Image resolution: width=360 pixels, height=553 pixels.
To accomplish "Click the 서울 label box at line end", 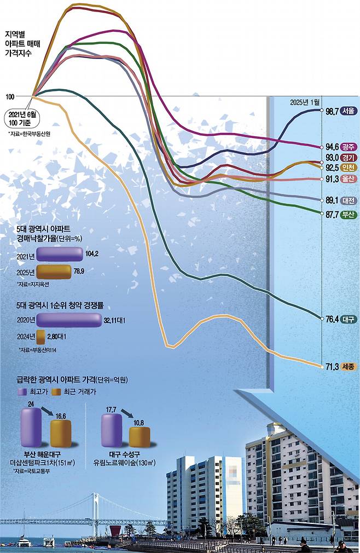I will [348, 111].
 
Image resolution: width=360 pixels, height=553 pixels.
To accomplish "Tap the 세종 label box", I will [348, 367].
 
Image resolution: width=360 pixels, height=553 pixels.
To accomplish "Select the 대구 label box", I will [348, 319].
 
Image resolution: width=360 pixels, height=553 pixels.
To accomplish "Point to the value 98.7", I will [332, 111].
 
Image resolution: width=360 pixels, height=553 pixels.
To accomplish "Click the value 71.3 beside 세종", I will [332, 367].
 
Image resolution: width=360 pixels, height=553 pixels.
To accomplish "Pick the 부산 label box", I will [348, 215].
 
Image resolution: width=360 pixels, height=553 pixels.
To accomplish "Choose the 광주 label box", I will [348, 147].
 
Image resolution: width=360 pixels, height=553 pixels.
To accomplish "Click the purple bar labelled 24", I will [30, 427].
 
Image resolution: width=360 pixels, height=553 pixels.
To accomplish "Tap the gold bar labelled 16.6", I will [60, 433].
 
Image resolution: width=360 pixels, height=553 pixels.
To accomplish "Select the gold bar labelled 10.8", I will [140, 436].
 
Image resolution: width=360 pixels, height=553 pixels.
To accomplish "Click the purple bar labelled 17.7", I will [112, 430].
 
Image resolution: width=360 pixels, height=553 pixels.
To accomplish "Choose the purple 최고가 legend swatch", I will [22, 391].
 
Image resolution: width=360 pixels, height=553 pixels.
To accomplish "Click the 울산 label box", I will [348, 179].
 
